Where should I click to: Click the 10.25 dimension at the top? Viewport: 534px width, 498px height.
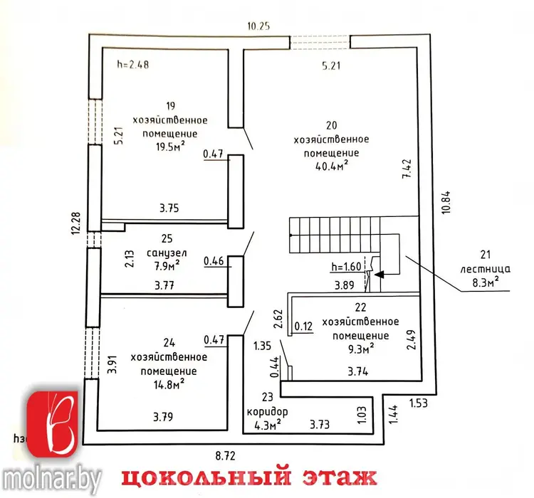(x=258, y=26)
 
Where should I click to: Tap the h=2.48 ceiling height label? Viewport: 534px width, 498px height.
(x=133, y=64)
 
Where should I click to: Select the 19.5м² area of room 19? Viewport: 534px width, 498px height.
(x=170, y=146)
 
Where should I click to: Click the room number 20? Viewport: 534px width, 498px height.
(x=331, y=125)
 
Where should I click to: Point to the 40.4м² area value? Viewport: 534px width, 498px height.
(x=331, y=166)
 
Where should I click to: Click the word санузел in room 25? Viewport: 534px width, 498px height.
(x=167, y=253)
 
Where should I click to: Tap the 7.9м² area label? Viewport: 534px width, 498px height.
(x=167, y=265)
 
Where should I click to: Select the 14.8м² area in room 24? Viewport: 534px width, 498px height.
(x=169, y=384)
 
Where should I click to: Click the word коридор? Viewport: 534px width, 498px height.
(x=267, y=411)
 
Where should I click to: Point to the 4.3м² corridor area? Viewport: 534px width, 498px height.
(x=268, y=425)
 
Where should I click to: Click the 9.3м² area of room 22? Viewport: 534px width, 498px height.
(x=361, y=348)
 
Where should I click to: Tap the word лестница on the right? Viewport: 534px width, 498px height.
(x=486, y=269)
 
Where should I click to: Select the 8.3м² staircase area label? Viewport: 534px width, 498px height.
(x=486, y=282)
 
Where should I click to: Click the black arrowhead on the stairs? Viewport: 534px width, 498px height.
(x=379, y=274)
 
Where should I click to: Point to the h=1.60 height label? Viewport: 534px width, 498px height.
(x=346, y=267)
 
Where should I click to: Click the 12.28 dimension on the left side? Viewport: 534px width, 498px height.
(x=75, y=223)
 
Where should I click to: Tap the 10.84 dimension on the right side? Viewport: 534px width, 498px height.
(x=446, y=202)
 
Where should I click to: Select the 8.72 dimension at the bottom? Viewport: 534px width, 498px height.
(x=226, y=455)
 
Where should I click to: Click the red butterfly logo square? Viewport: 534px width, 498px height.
(x=53, y=424)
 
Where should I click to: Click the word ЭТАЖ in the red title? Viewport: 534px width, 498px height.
(x=340, y=477)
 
